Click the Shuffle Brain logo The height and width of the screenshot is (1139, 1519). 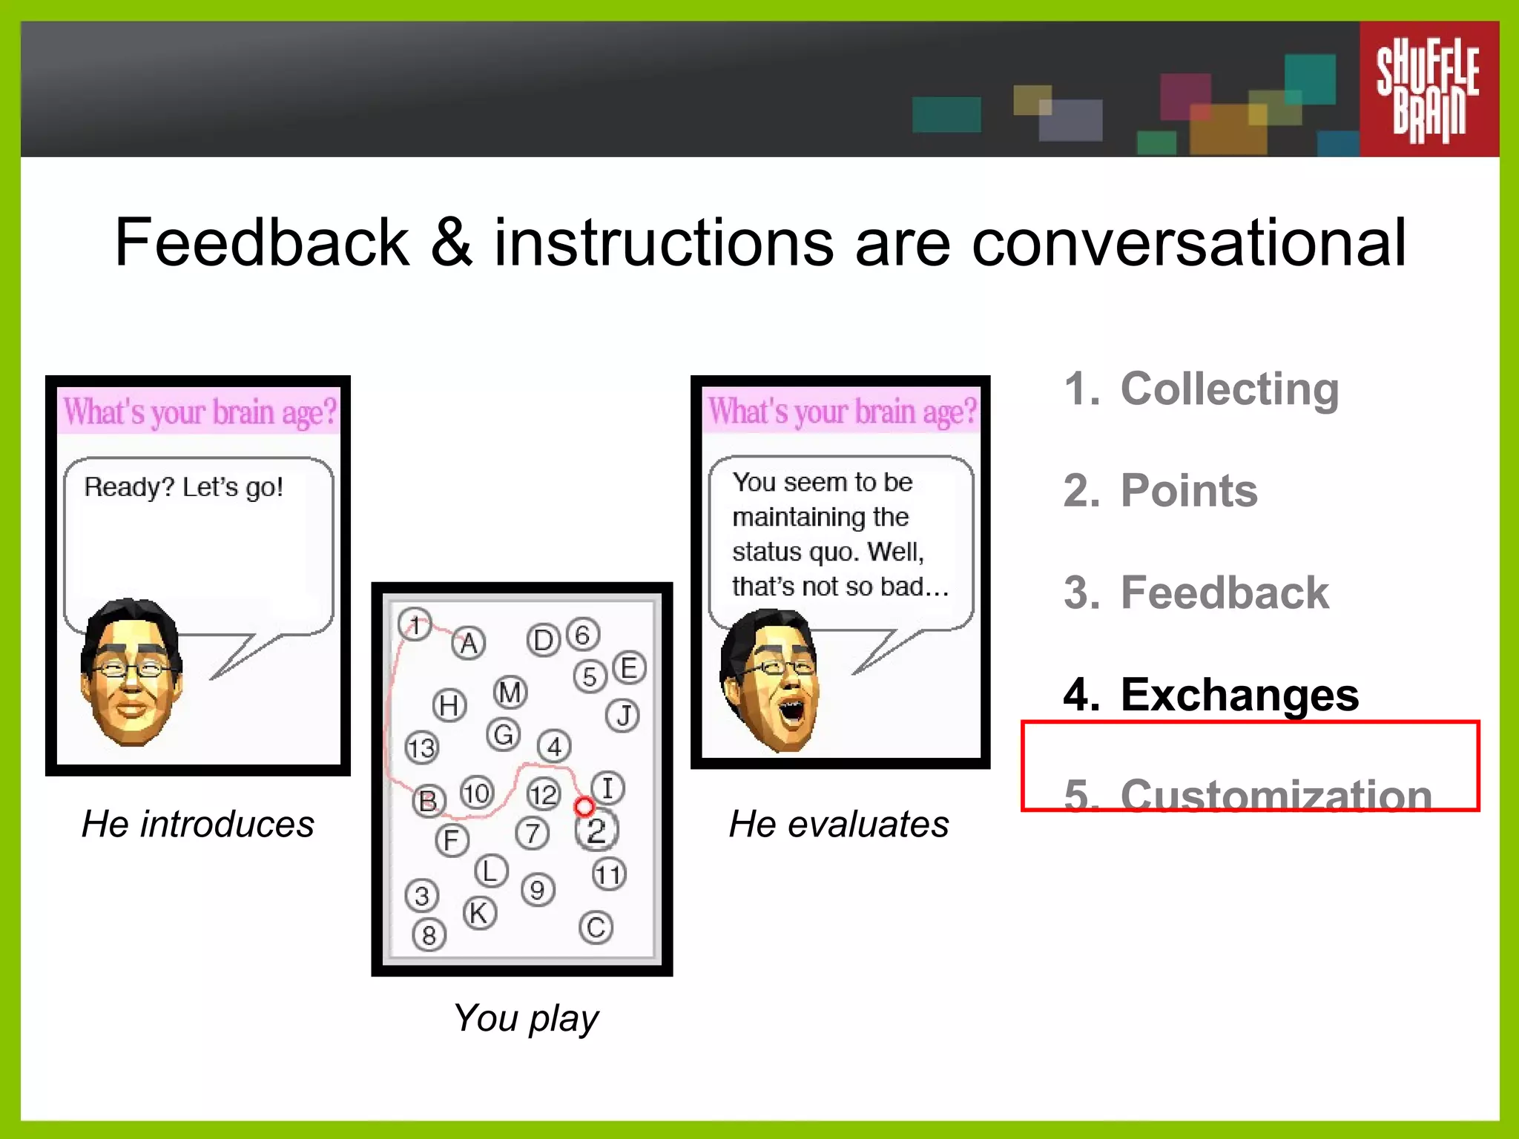[1428, 90]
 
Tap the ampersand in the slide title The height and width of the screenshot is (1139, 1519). [451, 242]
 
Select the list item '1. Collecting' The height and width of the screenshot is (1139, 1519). [1202, 389]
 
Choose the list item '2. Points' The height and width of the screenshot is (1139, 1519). [1161, 490]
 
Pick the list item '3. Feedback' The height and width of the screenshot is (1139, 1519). [1196, 592]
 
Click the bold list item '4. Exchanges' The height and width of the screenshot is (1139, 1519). [1211, 695]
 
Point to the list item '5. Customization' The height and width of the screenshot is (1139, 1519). [1248, 795]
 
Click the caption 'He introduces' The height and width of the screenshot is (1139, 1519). [198, 824]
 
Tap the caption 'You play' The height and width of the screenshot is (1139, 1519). [526, 1017]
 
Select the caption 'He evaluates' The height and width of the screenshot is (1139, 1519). [839, 824]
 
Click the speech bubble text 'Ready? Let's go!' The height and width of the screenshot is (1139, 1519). [183, 487]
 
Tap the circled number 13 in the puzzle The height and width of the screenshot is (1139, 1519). [422, 747]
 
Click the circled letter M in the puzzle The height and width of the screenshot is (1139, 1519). [510, 693]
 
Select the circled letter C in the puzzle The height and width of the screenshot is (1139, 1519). [596, 928]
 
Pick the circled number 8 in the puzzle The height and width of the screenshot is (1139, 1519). [429, 935]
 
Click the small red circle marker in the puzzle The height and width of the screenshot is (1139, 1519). [584, 806]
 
